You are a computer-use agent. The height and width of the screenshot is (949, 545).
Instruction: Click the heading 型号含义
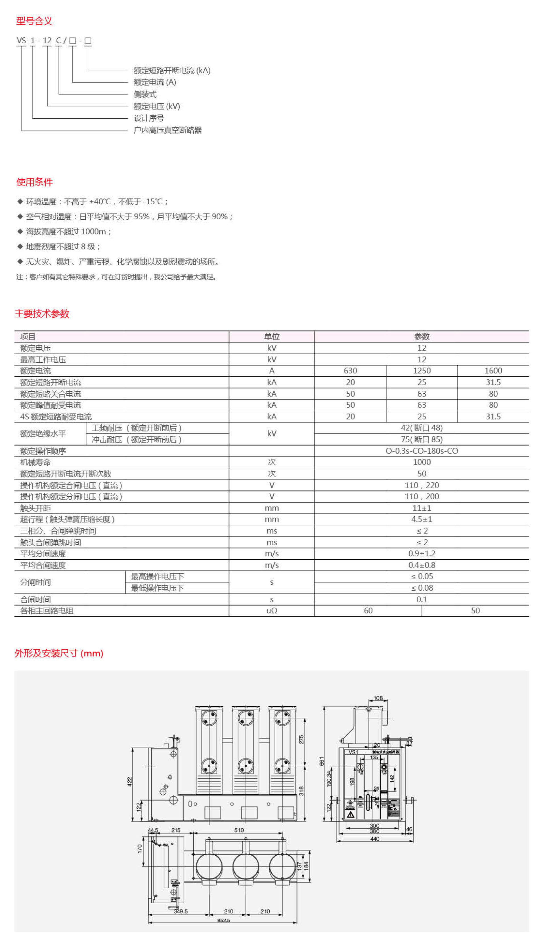(34, 21)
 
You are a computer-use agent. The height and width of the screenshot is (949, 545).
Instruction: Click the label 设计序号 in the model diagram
(149, 118)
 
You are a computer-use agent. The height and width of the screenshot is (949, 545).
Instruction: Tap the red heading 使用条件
(34, 182)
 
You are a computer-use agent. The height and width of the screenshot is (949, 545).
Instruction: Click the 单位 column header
(271, 336)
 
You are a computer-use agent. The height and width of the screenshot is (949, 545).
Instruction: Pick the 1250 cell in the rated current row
(422, 371)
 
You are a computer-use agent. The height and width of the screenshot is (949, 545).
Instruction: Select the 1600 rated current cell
(493, 371)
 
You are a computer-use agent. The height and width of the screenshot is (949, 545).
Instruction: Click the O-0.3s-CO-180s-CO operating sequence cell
(422, 451)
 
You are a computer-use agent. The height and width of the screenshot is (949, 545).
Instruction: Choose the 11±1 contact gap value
(422, 508)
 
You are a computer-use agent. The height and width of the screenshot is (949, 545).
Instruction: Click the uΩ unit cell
(271, 611)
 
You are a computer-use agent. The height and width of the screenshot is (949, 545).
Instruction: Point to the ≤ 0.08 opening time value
(422, 588)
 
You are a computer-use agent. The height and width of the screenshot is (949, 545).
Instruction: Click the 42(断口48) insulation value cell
(422, 428)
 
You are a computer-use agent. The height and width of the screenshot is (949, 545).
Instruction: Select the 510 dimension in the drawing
(239, 830)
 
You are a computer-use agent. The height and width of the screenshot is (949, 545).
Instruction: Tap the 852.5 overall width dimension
(223, 920)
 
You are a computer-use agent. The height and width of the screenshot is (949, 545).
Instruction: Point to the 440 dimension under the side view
(374, 839)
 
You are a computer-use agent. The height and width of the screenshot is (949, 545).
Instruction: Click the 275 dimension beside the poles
(301, 739)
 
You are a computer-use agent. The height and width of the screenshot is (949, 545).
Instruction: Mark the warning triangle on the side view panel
(350, 814)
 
